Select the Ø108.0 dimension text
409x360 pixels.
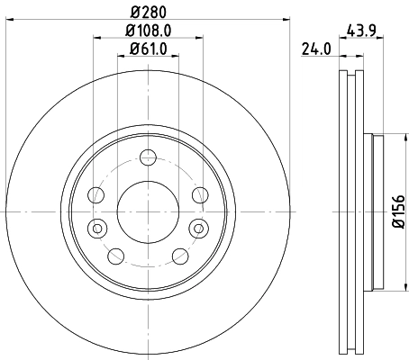pyautogui.click(x=147, y=31)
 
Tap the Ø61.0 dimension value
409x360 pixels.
pyautogui.click(x=147, y=49)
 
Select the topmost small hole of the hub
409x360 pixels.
pyautogui.click(x=147, y=163)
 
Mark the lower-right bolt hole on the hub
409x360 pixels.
pyautogui.click(x=177, y=256)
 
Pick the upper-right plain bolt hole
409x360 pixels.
pyautogui.click(x=198, y=194)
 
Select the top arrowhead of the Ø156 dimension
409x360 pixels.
pyautogui.click(x=385, y=138)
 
